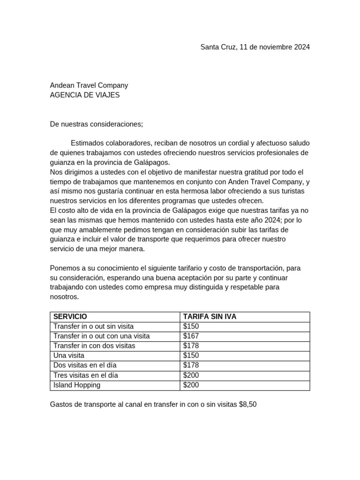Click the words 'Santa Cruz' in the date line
[x=217, y=47]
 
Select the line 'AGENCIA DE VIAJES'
[x=85, y=95]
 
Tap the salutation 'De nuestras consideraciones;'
[x=96, y=124]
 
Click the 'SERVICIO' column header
[x=70, y=317]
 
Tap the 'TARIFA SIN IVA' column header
[x=210, y=317]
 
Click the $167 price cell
[x=191, y=336]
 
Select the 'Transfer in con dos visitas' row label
[x=94, y=346]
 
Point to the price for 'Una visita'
[x=191, y=356]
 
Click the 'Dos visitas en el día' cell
[x=85, y=366]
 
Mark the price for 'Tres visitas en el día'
[x=191, y=375]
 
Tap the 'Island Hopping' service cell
[x=77, y=385]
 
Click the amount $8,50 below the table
[x=247, y=404]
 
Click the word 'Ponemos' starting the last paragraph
[x=64, y=268]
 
